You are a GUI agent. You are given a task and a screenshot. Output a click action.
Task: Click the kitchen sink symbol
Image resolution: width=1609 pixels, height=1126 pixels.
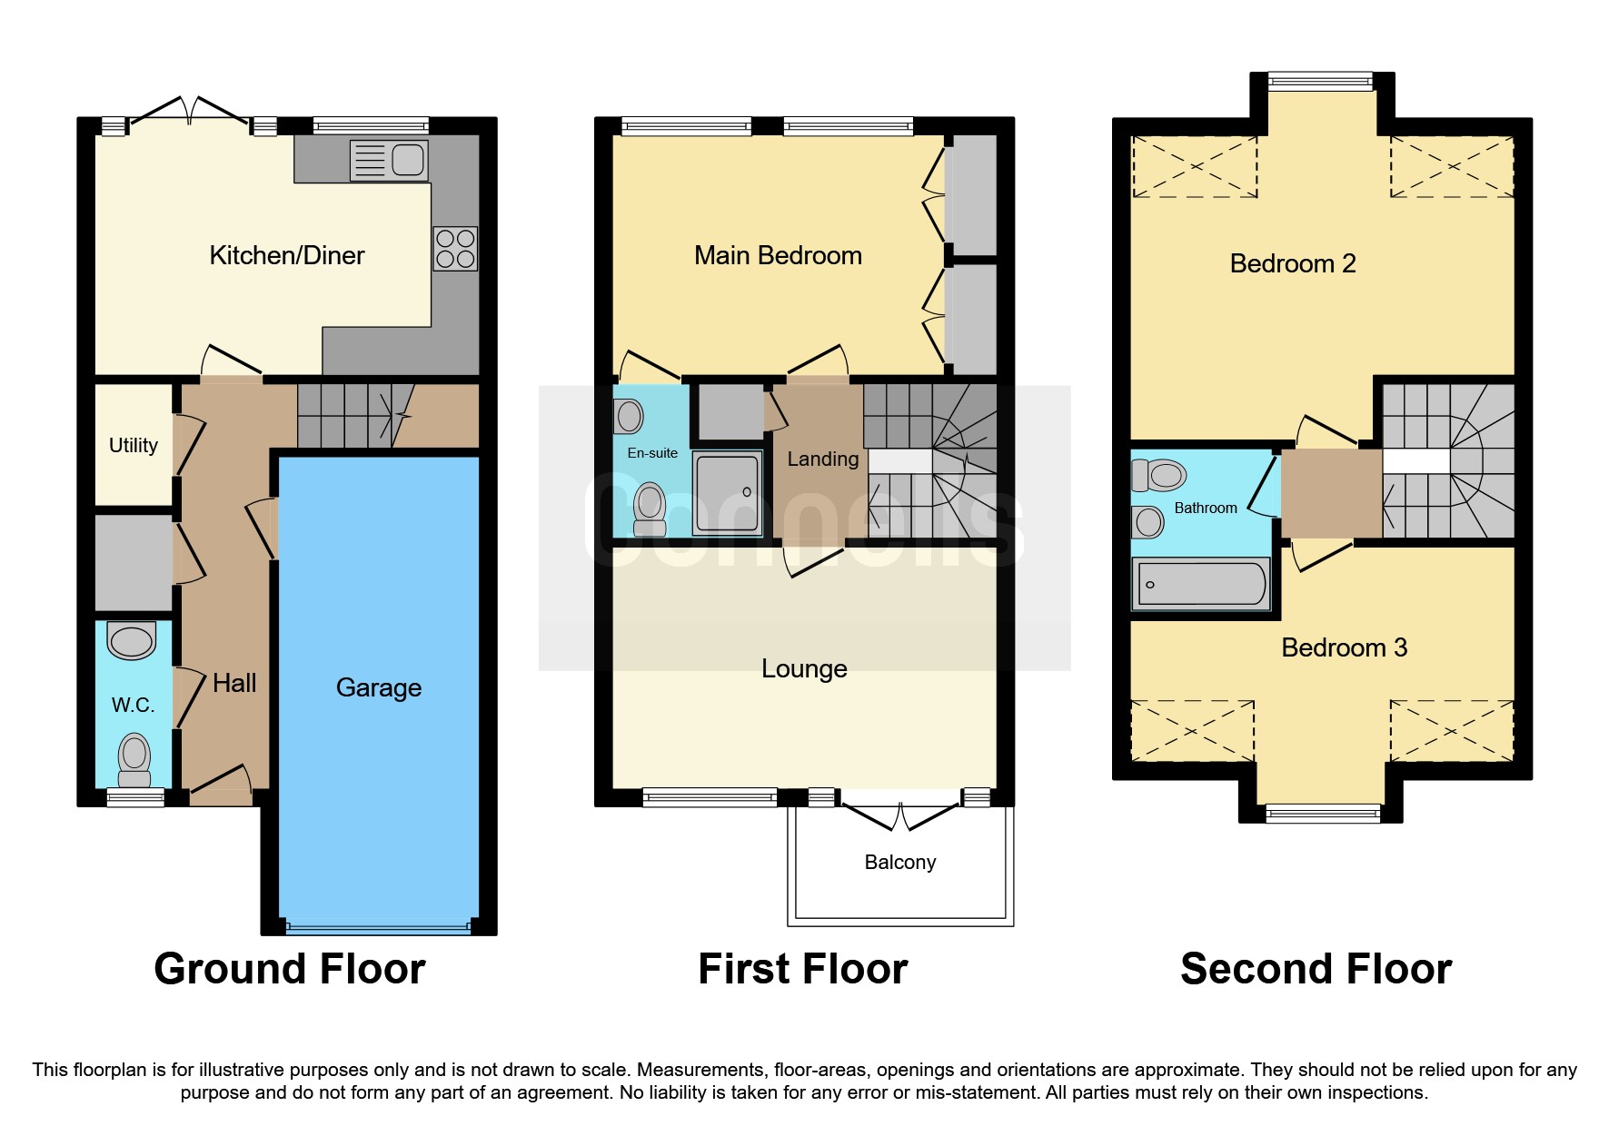389,161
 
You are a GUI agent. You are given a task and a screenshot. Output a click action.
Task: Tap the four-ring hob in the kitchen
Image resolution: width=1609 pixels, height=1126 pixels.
455,249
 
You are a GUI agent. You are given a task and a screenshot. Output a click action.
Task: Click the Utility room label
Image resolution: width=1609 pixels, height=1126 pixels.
134,445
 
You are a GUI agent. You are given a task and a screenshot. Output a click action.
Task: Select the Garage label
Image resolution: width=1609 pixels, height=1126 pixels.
379,687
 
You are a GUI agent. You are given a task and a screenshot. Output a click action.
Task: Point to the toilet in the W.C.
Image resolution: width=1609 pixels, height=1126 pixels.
134,759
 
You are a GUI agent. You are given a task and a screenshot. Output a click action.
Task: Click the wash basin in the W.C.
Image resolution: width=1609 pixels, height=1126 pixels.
132,641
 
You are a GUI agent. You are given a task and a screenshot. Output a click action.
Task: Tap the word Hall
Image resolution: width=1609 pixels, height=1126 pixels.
234,683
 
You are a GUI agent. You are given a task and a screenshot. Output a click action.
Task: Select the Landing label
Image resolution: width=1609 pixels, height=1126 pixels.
822,459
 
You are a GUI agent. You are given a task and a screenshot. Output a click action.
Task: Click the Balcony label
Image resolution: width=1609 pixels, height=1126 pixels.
899,862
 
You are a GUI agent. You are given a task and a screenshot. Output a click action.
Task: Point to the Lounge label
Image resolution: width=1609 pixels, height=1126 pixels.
804,669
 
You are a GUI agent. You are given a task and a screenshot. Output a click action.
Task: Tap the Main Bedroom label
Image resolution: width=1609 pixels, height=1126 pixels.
778,256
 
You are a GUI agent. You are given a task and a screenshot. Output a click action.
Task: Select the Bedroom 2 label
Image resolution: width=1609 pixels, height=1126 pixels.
1292,264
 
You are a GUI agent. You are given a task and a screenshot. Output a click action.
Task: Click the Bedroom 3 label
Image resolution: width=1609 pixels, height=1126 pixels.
1344,647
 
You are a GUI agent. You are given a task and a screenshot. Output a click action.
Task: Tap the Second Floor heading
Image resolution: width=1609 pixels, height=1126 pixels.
1316,968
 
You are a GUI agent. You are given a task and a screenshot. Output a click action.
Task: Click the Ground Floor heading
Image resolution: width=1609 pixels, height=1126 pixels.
289,968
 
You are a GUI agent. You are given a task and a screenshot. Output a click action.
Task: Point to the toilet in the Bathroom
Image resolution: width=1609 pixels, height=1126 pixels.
1159,475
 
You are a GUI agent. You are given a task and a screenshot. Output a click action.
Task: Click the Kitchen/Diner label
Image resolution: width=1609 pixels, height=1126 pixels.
286,256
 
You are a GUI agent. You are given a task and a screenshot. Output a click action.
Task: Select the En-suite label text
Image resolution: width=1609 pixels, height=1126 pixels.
652,453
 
